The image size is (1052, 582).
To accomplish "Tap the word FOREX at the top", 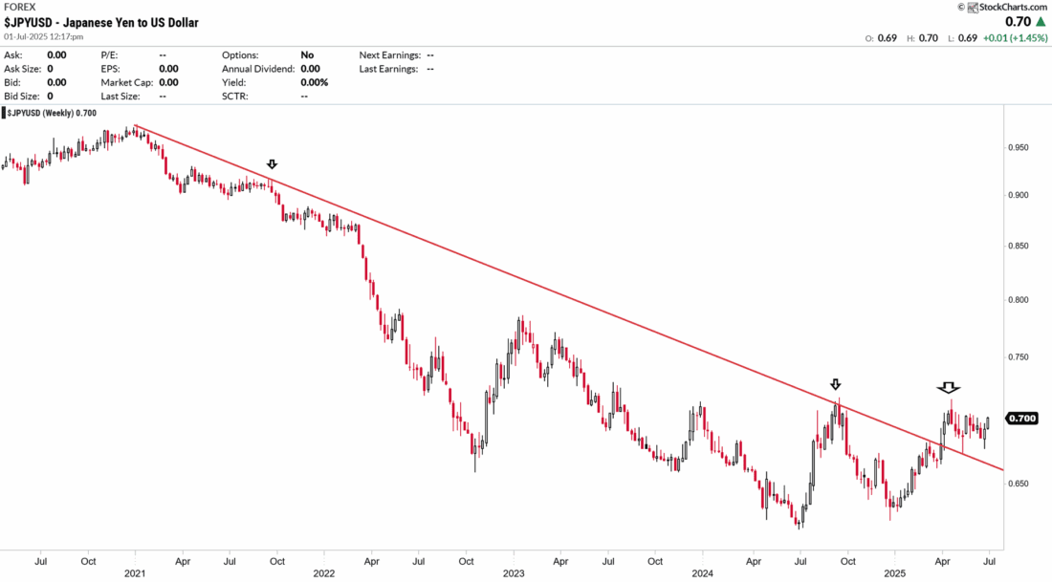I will pyautogui.click(x=20, y=7).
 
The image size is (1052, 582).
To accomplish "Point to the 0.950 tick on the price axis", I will pyautogui.click(x=1021, y=148).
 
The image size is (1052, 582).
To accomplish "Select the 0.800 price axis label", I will pyautogui.click(x=1021, y=300).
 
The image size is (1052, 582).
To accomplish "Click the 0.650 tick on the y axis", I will pyautogui.click(x=1021, y=484).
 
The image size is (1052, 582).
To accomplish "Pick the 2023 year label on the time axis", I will pyautogui.click(x=514, y=573).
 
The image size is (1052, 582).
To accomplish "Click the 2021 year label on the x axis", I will pyautogui.click(x=135, y=573).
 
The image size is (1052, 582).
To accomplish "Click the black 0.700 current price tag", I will pyautogui.click(x=1022, y=419).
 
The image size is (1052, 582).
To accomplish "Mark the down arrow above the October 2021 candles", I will pyautogui.click(x=272, y=165).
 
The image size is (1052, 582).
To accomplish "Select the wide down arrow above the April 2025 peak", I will pyautogui.click(x=948, y=387).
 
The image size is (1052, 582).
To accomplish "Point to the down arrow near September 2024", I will pyautogui.click(x=836, y=384).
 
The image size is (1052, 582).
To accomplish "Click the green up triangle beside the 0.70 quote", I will pyautogui.click(x=1038, y=21).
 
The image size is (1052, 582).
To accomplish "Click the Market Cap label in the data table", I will pyautogui.click(x=126, y=82).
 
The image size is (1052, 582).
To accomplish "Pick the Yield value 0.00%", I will pyautogui.click(x=314, y=82).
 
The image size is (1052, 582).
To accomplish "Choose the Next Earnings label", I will pyautogui.click(x=391, y=55).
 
